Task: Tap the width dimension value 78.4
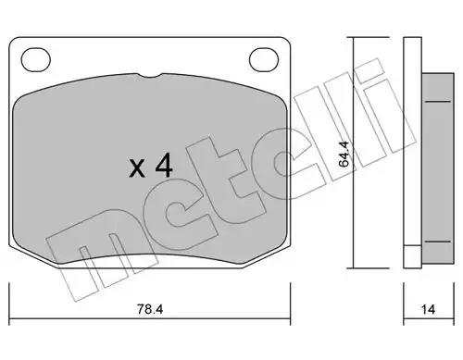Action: coord(150,309)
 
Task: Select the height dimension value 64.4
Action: coord(344,154)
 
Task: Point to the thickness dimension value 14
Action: coord(428,309)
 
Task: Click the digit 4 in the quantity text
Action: coord(164,166)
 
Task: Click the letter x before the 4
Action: coord(137,168)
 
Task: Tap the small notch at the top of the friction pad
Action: coord(149,76)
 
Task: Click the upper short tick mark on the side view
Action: coord(438,101)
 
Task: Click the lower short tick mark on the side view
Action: coord(438,242)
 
